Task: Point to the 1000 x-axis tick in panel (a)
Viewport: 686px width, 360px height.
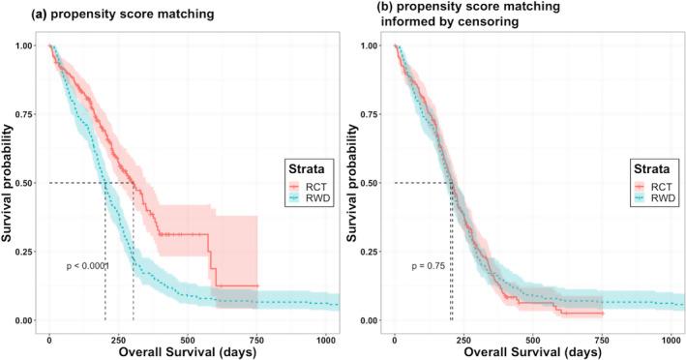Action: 325,330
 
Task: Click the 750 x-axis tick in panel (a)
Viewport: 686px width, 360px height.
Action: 256,330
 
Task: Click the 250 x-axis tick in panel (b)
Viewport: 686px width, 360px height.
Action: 462,330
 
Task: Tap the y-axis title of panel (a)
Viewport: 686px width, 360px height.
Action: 8,184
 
